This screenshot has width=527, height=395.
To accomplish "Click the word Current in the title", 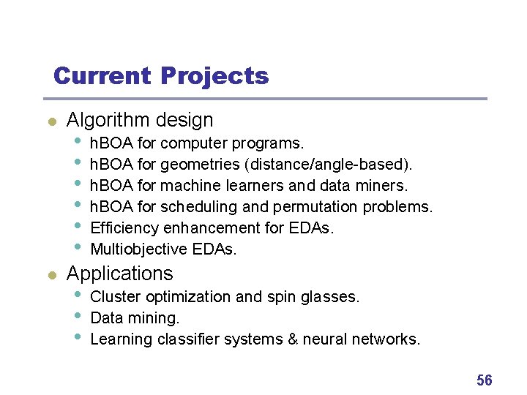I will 102,76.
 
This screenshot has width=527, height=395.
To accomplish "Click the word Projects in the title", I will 214,76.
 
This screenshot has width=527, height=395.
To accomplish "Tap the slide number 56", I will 484,380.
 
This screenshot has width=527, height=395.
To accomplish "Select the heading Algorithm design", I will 140,120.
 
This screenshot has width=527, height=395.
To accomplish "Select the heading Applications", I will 120,274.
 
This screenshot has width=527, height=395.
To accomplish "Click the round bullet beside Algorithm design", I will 51,121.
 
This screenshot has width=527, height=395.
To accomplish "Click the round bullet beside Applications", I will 51,275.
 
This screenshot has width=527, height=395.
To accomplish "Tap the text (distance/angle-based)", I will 321,164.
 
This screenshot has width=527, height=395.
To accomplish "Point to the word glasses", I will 334,297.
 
